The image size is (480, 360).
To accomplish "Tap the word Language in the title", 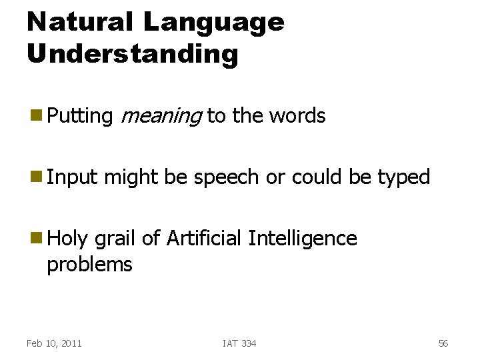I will pos(213,22).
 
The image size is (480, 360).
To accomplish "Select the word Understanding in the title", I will pos(132,53).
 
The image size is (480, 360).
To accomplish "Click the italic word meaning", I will pos(161,116).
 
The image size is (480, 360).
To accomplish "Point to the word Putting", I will pos(80,116).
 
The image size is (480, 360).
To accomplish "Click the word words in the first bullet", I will pos(297,116).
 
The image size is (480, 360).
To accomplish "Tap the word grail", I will pos(116,239).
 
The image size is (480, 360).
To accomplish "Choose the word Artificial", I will pos(204,239).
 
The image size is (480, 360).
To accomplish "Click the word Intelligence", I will pos(302,239).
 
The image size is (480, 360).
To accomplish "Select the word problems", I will pos(89,265).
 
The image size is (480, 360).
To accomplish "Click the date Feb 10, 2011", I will pos(54,343).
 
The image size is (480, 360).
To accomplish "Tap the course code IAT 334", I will pos(239,343).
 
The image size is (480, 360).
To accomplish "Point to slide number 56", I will pos(443,343).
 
